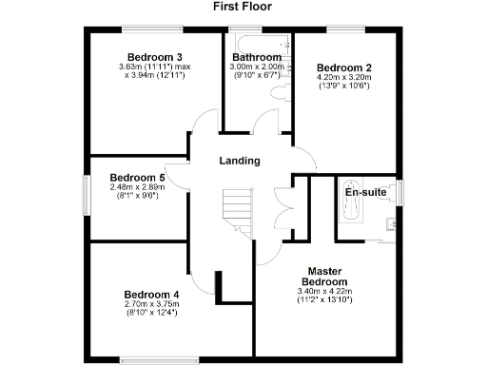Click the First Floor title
tap(243, 6)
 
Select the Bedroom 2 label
tap(344, 67)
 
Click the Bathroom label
tap(256, 55)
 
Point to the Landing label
tap(239, 161)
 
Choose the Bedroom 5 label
tap(137, 177)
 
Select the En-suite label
tap(366, 192)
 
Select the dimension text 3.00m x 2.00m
tap(257, 67)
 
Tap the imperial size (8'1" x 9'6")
tap(137, 197)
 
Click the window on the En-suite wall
tap(400, 191)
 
